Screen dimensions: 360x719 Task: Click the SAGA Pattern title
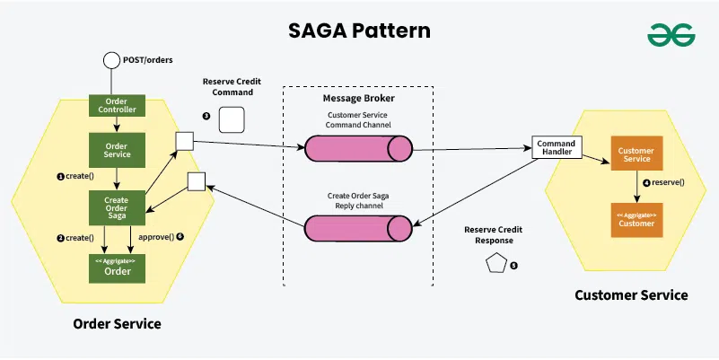point(359,30)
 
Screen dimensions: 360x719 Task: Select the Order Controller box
point(117,105)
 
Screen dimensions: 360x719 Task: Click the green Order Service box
point(117,149)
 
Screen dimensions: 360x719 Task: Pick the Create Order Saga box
point(117,207)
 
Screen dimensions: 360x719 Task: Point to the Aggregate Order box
point(117,267)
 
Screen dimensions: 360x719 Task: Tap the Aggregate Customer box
point(636,219)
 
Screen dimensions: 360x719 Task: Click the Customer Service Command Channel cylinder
point(357,149)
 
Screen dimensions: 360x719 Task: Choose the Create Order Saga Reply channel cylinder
point(357,228)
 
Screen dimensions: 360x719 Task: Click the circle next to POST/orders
point(111,61)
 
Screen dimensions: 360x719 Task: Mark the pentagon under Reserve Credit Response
point(495,264)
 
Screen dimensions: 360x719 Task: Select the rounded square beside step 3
point(232,119)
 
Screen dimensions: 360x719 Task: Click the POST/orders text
point(147,60)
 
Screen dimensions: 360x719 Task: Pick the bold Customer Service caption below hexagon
point(631,294)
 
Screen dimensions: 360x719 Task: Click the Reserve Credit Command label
point(230,86)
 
